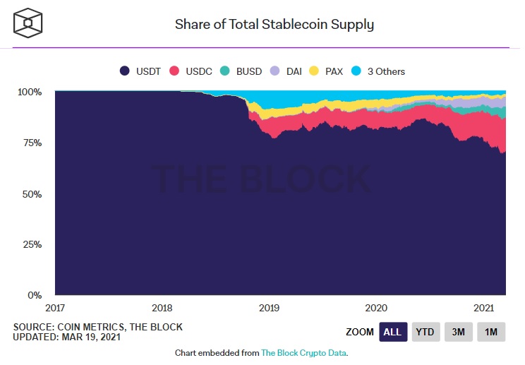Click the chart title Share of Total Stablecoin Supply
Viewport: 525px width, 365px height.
[x=274, y=25]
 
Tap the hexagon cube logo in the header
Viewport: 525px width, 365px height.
[x=28, y=23]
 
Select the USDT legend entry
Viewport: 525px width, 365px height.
[x=142, y=71]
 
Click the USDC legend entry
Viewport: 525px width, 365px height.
[x=192, y=71]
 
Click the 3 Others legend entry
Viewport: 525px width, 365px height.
[x=379, y=71]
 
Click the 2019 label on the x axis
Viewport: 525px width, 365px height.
[x=269, y=308]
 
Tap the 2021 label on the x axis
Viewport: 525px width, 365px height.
[x=483, y=308]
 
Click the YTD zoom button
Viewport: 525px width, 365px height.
[x=424, y=332]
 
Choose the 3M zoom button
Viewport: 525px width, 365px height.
[x=458, y=332]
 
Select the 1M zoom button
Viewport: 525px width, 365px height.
[x=491, y=332]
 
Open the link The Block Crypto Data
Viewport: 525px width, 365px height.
[x=304, y=352]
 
